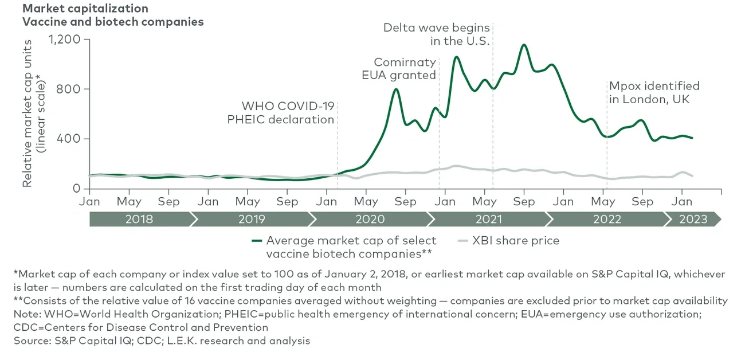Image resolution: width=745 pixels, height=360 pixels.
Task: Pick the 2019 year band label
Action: tap(252, 219)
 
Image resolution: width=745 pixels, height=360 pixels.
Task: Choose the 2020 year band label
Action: tap(370, 219)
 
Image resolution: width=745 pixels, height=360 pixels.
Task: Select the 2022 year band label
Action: tap(606, 219)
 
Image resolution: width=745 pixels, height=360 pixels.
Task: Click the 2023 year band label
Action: tap(693, 219)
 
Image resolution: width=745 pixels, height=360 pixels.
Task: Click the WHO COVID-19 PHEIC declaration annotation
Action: tap(281, 113)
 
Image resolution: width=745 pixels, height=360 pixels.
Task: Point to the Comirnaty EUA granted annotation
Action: tap(405, 68)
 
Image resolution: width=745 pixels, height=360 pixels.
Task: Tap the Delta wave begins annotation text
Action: tap(437, 34)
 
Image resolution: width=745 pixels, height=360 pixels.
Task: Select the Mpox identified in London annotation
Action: tap(654, 92)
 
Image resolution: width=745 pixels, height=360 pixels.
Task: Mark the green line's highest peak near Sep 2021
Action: tap(523, 45)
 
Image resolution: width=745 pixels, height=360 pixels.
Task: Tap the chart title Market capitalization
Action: tap(85, 9)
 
